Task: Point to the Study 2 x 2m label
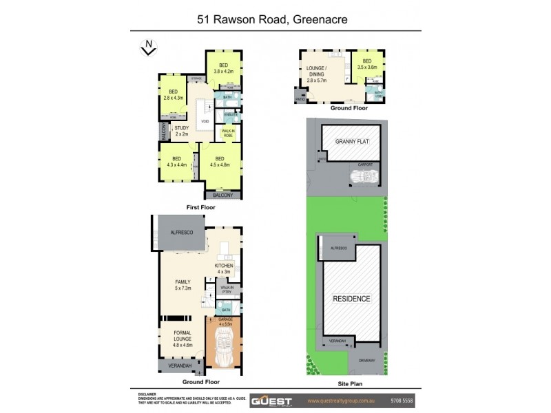[182, 131]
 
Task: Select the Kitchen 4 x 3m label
[225, 268]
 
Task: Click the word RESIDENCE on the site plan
[352, 299]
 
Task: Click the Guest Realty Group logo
[273, 400]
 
